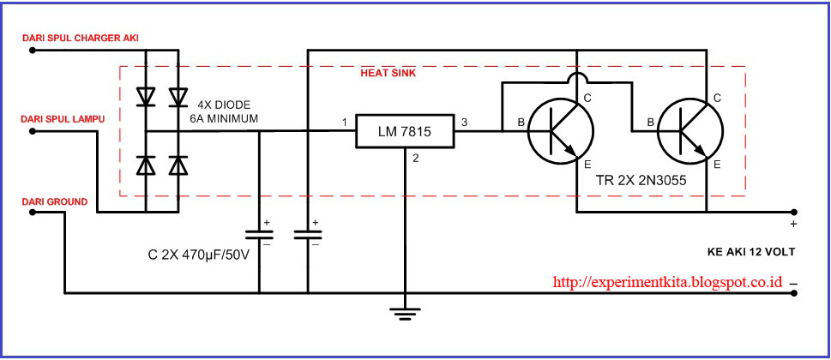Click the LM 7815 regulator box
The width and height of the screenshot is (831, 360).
[x=405, y=131]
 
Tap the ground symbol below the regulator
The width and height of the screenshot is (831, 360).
[x=405, y=315]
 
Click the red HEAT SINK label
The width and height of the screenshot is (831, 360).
[x=388, y=74]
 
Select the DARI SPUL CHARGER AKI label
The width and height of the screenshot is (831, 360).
[x=81, y=38]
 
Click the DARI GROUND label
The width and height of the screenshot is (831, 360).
[x=55, y=201]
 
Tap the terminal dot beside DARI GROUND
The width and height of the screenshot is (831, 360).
[x=32, y=213]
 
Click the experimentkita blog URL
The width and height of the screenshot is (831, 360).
[x=667, y=282]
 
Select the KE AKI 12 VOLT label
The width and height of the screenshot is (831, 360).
[x=751, y=252]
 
